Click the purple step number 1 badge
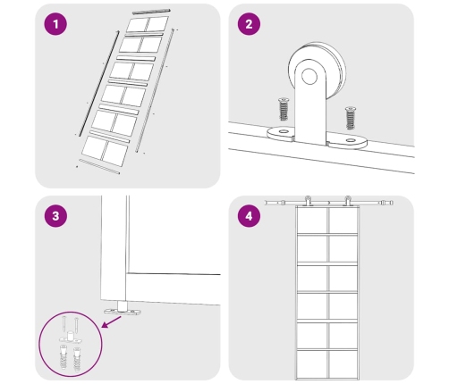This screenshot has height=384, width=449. tap(55, 24)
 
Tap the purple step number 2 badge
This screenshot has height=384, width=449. tap(249, 24)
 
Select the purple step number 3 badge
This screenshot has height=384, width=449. tap(55, 216)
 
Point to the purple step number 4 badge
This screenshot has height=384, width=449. tap(249, 216)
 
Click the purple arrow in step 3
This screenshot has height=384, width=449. tap(111, 322)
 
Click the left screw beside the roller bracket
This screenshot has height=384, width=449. tap(284, 109)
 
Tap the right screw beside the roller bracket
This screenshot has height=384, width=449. tap(351, 118)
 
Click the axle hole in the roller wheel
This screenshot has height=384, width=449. tap(309, 76)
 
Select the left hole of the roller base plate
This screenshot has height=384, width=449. tap(284, 131)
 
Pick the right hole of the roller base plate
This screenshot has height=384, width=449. tap(351, 140)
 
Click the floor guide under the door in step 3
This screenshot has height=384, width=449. tap(122, 309)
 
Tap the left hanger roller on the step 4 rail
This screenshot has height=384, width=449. tap(308, 201)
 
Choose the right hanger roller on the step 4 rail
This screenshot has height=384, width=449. tap(348, 201)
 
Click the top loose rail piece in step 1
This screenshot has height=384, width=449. tap(151, 12)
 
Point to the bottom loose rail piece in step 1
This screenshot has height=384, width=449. tap(99, 167)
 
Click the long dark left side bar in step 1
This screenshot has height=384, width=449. tap(99, 83)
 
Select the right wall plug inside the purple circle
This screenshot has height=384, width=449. tap(77, 360)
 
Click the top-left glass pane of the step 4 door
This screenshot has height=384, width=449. tap(312, 221)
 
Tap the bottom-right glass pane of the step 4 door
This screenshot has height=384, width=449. tap(343, 364)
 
